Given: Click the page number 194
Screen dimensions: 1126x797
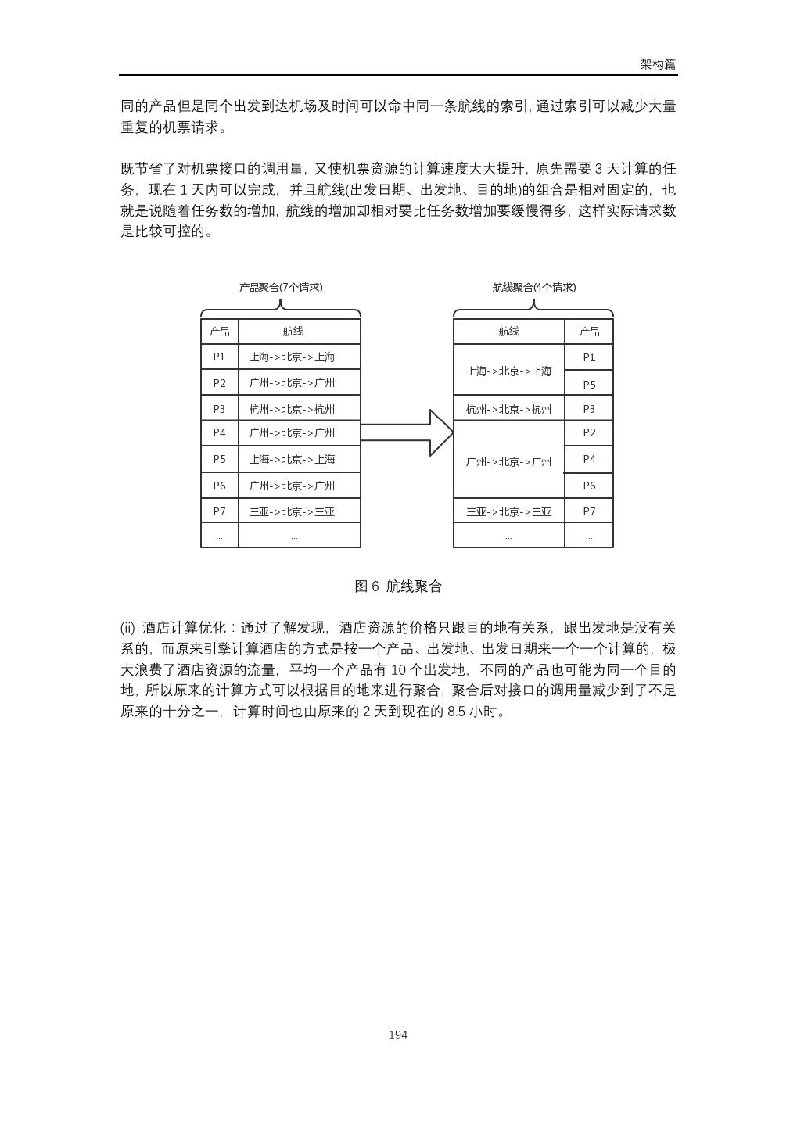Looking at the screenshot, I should pyautogui.click(x=397, y=1035).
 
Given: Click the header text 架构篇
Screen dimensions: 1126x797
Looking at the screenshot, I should pyautogui.click(x=657, y=65).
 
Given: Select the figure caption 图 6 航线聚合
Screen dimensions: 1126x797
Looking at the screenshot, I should pyautogui.click(x=398, y=586).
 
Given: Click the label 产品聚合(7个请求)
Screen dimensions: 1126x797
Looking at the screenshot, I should pyautogui.click(x=281, y=288).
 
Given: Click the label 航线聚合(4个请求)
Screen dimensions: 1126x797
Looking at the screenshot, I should pyautogui.click(x=533, y=288).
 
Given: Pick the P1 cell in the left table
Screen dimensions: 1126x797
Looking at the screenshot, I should pyautogui.click(x=219, y=357).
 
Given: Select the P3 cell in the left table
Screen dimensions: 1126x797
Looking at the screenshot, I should pyautogui.click(x=219, y=408).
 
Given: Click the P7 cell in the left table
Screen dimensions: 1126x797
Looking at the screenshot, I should pyautogui.click(x=219, y=511).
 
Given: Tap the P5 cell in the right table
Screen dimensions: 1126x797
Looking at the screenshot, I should pyautogui.click(x=589, y=384).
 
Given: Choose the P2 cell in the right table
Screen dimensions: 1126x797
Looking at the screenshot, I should pyautogui.click(x=589, y=432).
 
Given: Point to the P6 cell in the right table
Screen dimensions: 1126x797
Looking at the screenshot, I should pyautogui.click(x=589, y=486).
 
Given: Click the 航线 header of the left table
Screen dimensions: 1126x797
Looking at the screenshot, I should pyautogui.click(x=293, y=332).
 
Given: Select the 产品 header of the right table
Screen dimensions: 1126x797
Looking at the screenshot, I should pyautogui.click(x=589, y=332).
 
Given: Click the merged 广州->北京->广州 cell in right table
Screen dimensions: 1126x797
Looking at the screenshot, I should pyautogui.click(x=508, y=461).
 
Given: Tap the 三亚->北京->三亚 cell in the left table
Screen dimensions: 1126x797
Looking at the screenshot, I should pyautogui.click(x=293, y=511).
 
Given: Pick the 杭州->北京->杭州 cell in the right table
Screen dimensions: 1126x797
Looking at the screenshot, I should pyautogui.click(x=508, y=409).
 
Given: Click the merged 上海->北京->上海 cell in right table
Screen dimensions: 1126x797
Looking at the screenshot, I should pyautogui.click(x=508, y=371).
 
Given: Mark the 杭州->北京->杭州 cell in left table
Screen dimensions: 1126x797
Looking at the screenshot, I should pyautogui.click(x=293, y=408).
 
